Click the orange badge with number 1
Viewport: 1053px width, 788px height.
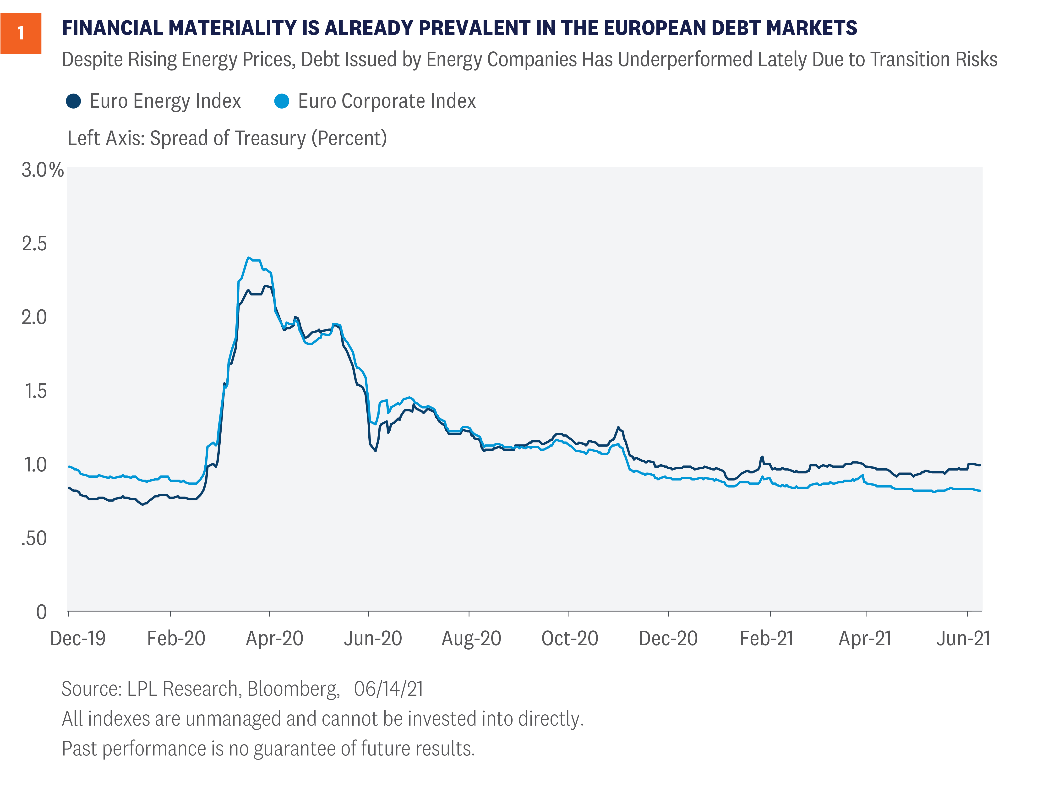(21, 33)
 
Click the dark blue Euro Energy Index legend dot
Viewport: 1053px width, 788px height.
(73, 101)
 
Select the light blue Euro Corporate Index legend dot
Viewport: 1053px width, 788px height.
(282, 101)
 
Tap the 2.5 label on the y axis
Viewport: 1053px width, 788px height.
(34, 244)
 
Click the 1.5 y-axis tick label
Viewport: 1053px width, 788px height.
(35, 391)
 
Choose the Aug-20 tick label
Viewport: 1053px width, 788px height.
(471, 639)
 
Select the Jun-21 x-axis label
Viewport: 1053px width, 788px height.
(964, 639)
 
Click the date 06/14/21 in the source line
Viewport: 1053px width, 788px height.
(388, 689)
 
